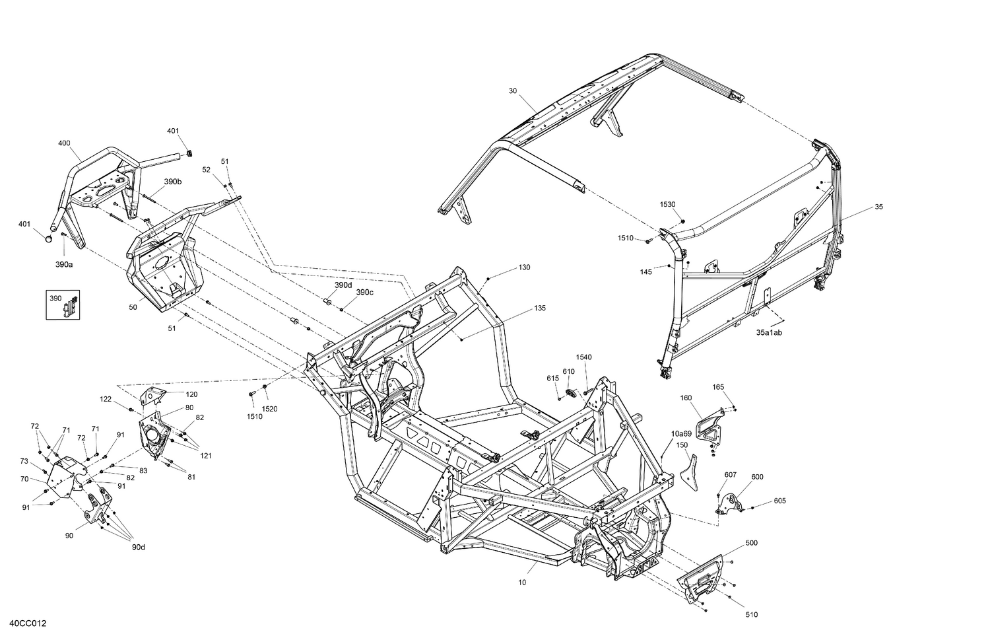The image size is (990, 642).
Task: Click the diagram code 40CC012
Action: click(x=28, y=624)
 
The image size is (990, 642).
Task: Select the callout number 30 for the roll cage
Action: click(x=513, y=90)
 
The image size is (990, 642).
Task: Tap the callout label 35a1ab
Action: click(x=769, y=333)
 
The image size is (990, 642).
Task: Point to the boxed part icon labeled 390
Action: click(x=63, y=304)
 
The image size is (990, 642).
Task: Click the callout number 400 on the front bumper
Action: click(x=64, y=143)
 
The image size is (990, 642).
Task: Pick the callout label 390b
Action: click(x=173, y=181)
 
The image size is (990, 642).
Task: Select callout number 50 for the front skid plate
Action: click(x=133, y=307)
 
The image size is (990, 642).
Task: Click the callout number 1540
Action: click(x=583, y=357)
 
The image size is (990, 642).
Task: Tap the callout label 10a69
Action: click(x=681, y=433)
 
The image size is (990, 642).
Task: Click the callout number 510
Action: click(x=751, y=615)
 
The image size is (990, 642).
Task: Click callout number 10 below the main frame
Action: click(x=522, y=583)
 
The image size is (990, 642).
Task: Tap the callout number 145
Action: click(x=645, y=271)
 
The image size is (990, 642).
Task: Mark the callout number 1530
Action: click(x=667, y=205)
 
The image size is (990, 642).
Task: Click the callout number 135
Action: click(x=540, y=308)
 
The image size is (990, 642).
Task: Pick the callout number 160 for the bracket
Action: click(x=686, y=398)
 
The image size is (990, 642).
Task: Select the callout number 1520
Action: click(x=269, y=409)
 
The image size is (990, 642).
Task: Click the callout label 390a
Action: click(x=64, y=264)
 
